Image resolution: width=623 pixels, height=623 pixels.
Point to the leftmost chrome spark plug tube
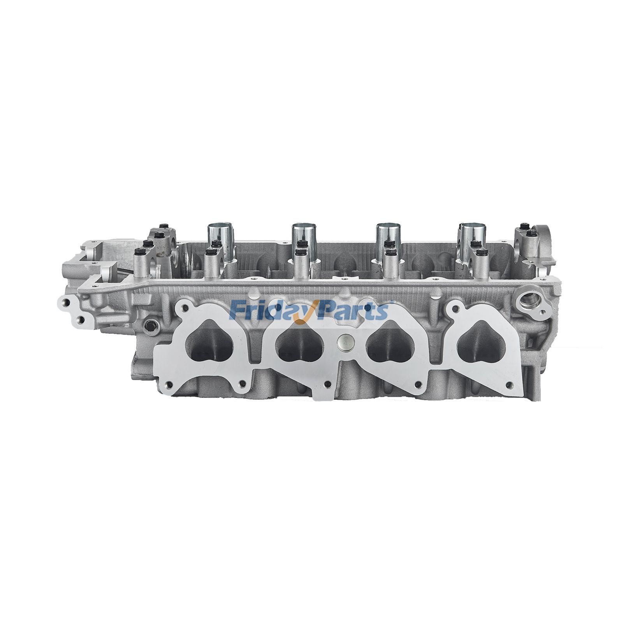click(220, 241)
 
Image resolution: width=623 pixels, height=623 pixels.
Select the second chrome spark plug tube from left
click(304, 241)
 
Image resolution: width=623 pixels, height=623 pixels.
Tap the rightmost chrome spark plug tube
click(473, 241)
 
